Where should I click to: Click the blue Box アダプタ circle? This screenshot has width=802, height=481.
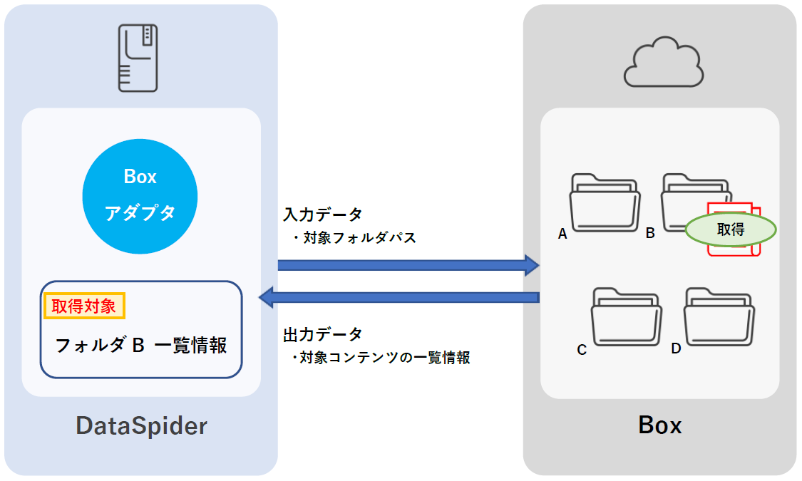point(140,196)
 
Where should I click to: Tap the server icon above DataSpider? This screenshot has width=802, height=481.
point(138,58)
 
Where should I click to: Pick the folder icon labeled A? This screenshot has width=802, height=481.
point(605,202)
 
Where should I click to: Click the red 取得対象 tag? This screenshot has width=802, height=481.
point(85,306)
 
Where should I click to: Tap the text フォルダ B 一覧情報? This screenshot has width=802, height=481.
point(141,346)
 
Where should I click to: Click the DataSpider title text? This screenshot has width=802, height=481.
point(141,426)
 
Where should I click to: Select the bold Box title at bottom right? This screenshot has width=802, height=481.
point(659,425)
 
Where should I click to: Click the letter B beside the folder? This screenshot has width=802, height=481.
point(650,233)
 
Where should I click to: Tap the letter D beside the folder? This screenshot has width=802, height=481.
point(676,349)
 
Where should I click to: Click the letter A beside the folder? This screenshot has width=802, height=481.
point(562,233)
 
